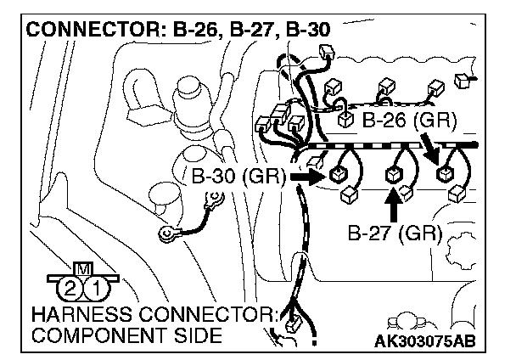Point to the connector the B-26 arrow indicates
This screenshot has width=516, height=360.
pyautogui.click(x=444, y=174)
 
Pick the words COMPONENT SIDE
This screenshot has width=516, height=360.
pyautogui.click(x=126, y=336)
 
